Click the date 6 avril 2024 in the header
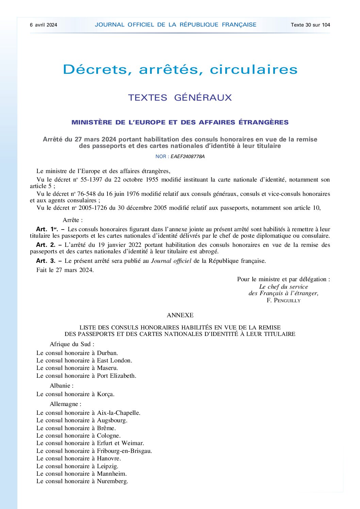click(44, 25)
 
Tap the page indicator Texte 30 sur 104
click(310, 25)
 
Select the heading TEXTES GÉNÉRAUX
click(180, 98)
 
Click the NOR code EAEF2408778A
click(187, 157)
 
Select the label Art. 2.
click(46, 245)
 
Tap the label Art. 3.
click(46, 261)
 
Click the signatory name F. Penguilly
click(283, 300)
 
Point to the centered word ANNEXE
click(180, 315)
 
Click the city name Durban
click(107, 353)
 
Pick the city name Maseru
click(107, 368)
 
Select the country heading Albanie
click(61, 386)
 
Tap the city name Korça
click(105, 394)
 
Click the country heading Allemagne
click(65, 404)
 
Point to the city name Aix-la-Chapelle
click(118, 413)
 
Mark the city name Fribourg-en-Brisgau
click(124, 451)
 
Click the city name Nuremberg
click(112, 481)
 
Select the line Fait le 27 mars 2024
click(65, 270)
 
